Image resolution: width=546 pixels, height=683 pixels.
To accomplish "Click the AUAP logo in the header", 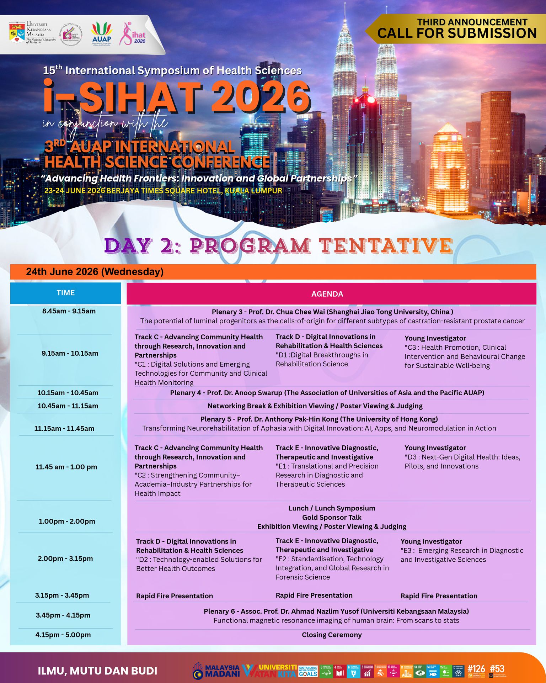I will [x=102, y=33].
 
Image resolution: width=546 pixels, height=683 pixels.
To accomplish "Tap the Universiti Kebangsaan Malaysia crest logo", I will [x=17, y=33].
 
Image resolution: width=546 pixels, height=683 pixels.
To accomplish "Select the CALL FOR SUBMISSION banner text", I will [x=457, y=33].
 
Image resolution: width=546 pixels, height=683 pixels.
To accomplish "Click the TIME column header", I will [x=65, y=293].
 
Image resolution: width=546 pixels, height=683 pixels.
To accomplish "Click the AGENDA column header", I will [x=327, y=294].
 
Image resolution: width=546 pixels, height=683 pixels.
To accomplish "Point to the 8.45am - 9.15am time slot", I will [x=69, y=311].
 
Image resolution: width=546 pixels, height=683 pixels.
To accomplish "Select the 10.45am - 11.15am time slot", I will [x=68, y=406].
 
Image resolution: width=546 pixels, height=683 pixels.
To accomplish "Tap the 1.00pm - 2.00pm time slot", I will [x=67, y=521].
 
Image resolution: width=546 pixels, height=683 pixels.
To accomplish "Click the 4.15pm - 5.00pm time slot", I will [x=63, y=635].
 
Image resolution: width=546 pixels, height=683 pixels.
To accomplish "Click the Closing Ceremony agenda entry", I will [x=332, y=635].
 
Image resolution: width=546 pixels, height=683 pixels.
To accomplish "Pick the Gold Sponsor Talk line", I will [x=332, y=517].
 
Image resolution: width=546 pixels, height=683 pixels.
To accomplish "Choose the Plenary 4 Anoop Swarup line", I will [x=327, y=393].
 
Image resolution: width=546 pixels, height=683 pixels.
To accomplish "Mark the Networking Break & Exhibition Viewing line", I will [x=315, y=406].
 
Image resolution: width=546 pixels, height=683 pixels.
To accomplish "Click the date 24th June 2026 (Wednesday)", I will [x=95, y=272].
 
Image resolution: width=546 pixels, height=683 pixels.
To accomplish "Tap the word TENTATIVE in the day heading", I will [x=385, y=246].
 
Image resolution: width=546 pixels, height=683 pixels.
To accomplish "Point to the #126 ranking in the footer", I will [x=476, y=668].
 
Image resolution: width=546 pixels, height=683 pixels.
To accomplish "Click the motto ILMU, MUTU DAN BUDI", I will [x=97, y=671].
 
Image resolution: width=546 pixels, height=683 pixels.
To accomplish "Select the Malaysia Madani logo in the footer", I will [x=216, y=671].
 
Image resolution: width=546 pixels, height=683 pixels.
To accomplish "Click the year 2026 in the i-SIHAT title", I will [x=261, y=97].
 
